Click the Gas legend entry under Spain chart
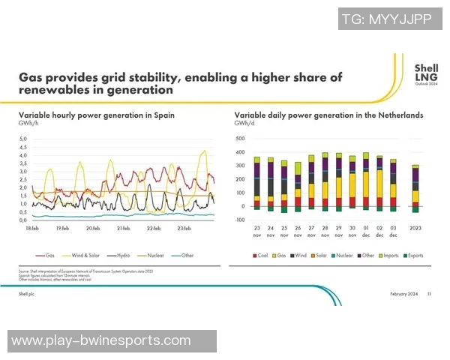(49, 255)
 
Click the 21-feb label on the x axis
(124, 227)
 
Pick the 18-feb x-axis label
(31, 227)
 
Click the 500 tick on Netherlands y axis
(240, 139)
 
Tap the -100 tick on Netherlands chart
(239, 220)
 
